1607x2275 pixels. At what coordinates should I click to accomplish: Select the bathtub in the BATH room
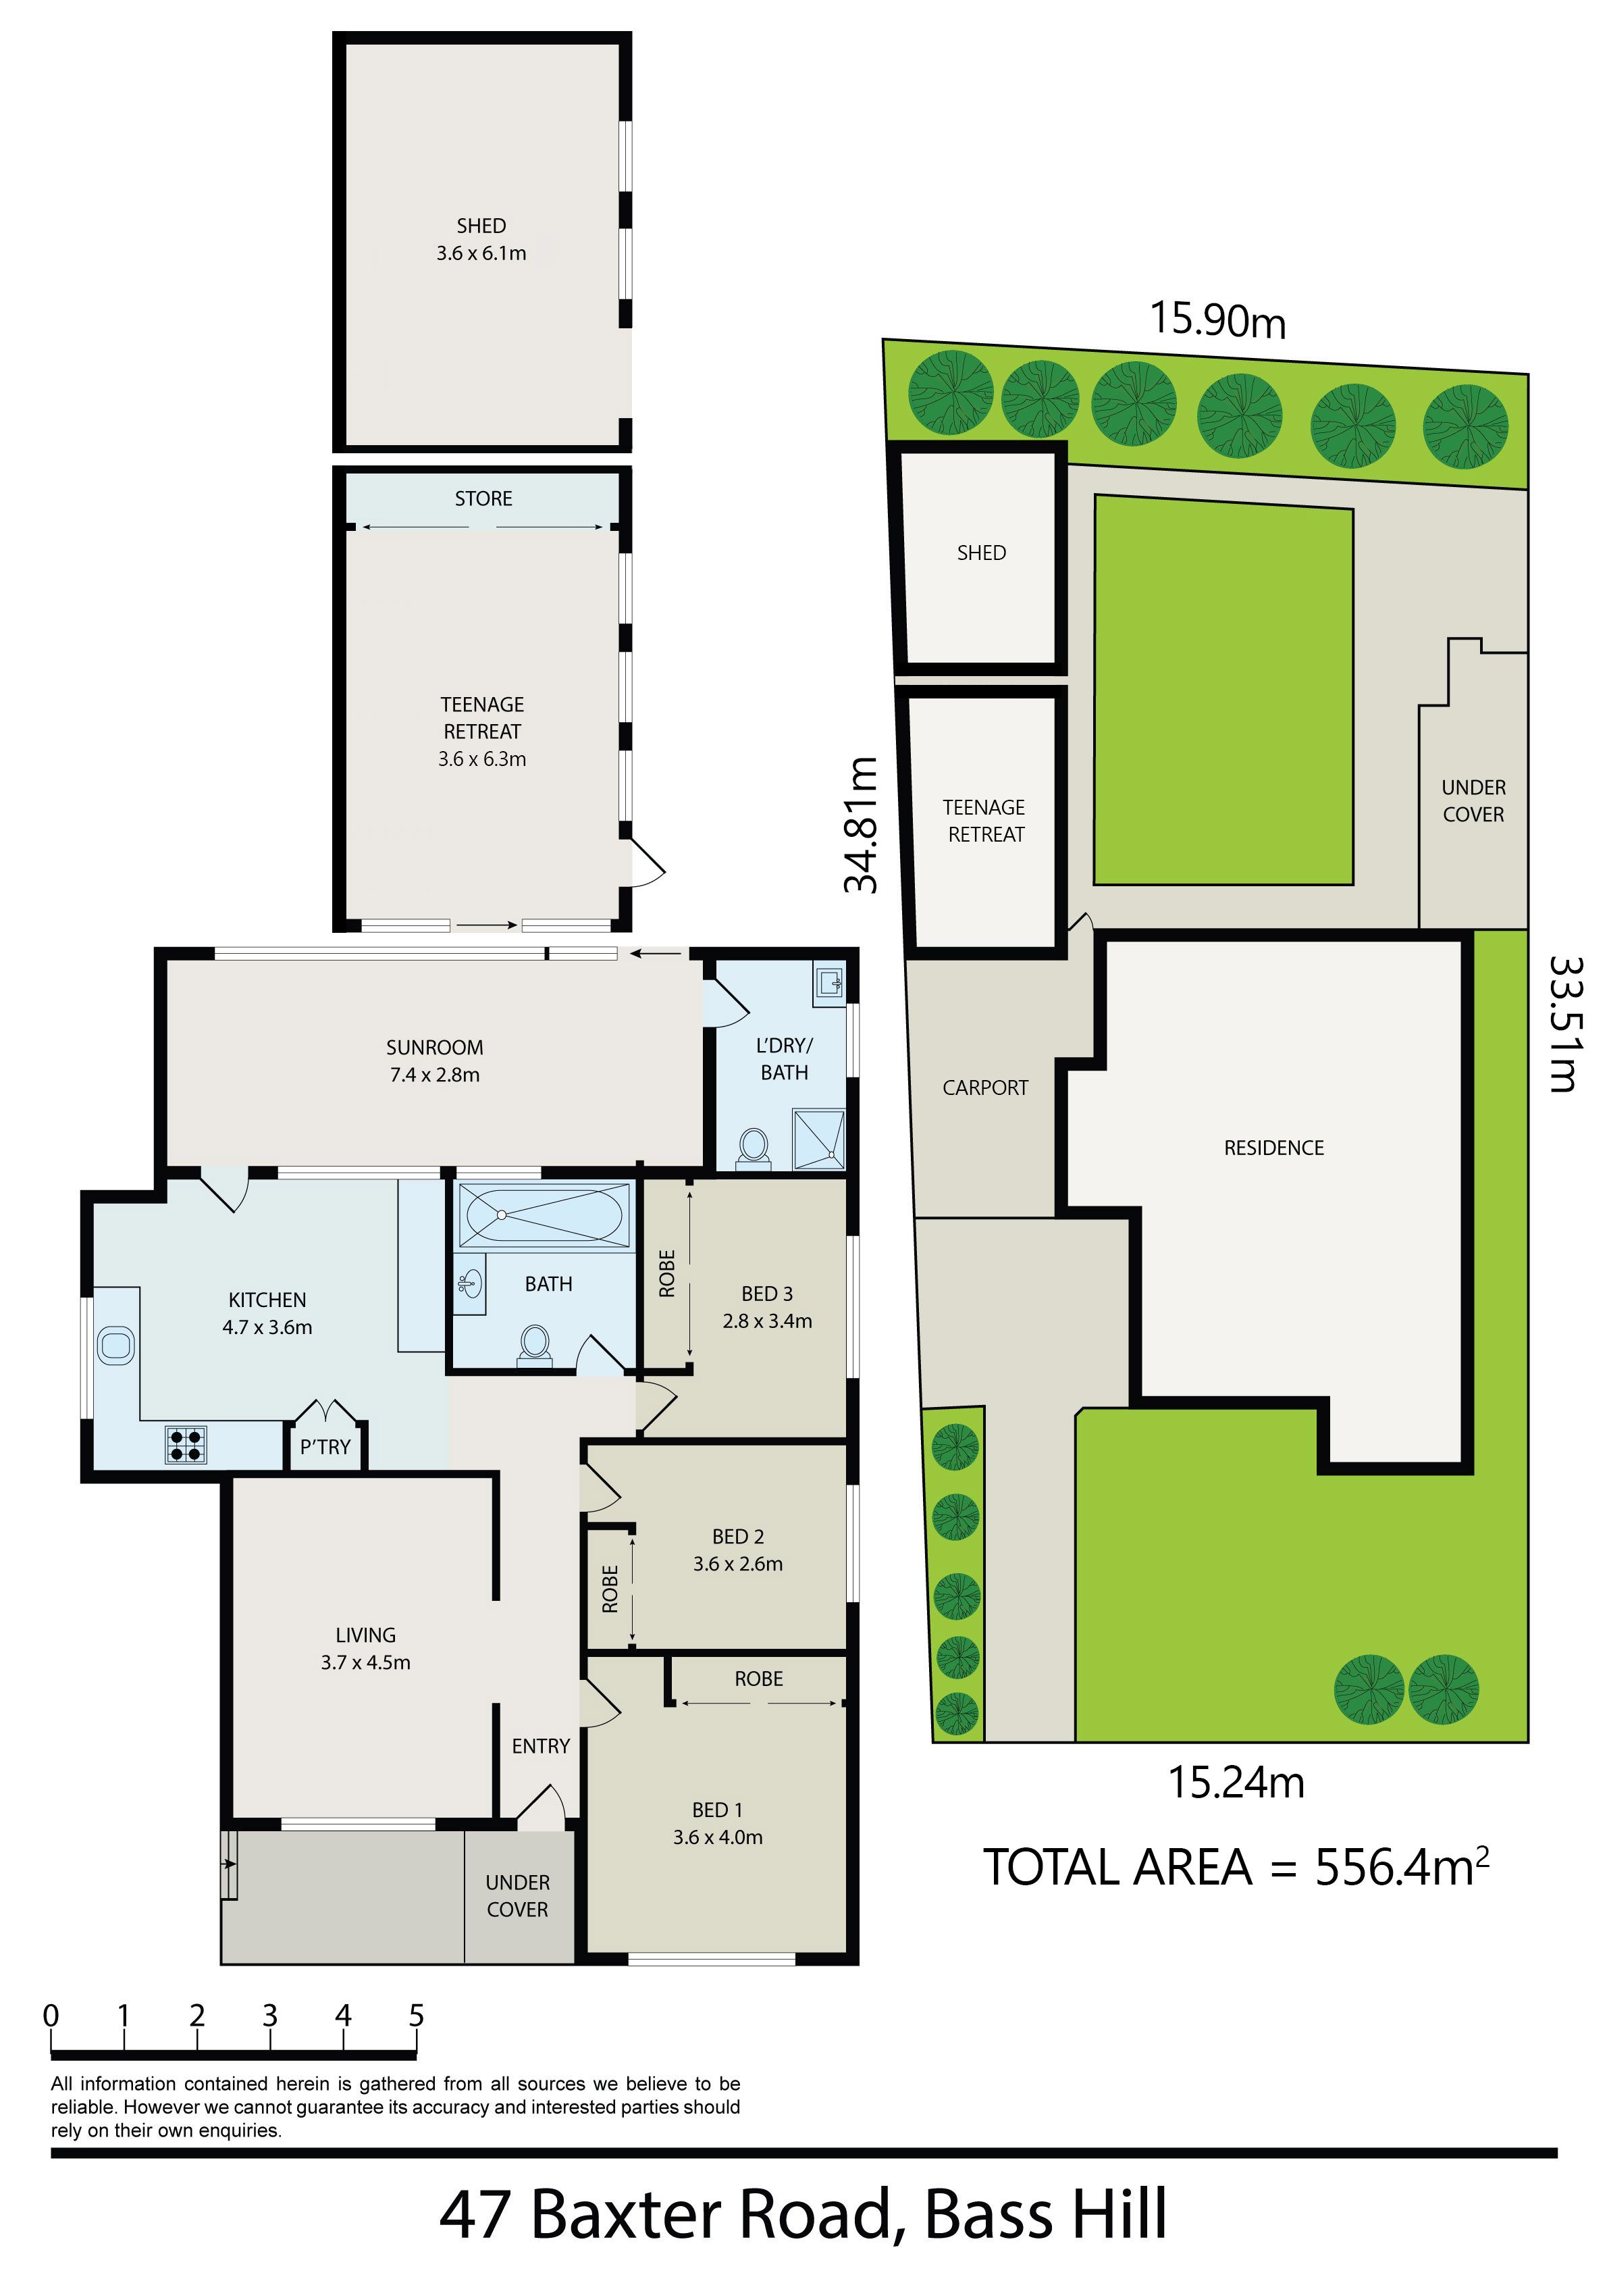545,1215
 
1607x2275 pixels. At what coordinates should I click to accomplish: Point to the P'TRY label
325,1447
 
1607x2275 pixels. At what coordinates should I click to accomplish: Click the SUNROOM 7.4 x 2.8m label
435,1061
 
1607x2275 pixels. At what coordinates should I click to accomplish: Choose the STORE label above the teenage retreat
483,499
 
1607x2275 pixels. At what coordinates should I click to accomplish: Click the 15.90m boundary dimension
1217,320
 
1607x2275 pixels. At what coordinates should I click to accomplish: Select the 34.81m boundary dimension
861,824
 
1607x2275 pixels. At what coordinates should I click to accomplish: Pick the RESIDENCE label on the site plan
1274,1148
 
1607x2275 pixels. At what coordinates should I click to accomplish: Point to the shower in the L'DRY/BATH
818,1140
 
